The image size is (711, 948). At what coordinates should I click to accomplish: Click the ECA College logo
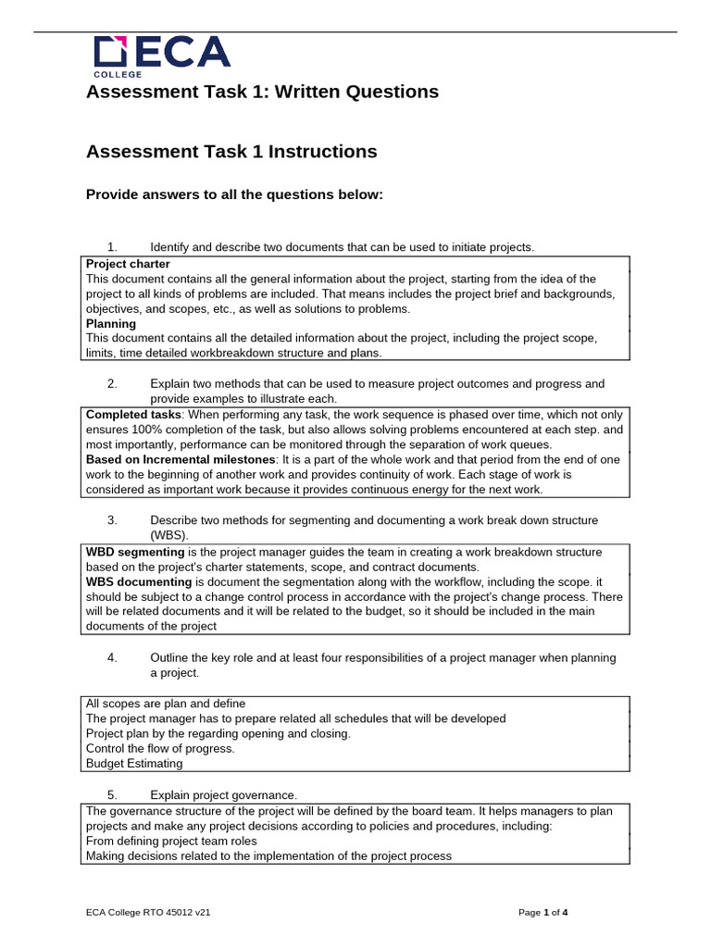(161, 56)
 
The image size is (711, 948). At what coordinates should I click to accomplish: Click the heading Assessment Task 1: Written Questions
(262, 92)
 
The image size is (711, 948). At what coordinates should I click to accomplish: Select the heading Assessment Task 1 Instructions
(231, 152)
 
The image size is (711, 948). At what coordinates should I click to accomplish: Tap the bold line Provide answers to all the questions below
(233, 194)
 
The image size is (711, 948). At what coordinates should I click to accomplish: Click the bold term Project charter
(128, 264)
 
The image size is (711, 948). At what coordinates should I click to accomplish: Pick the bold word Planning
(111, 323)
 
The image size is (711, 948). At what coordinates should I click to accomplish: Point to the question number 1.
(112, 247)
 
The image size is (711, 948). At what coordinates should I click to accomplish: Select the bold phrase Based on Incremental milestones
(180, 459)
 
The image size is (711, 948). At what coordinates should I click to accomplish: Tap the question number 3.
(112, 520)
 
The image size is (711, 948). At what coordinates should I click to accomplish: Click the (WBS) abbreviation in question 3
(168, 535)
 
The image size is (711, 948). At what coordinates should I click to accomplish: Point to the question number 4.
(112, 657)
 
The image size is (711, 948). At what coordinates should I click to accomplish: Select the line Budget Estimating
(134, 764)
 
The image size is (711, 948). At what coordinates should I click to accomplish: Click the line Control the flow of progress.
(160, 748)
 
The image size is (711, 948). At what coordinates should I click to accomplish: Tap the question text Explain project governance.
(223, 795)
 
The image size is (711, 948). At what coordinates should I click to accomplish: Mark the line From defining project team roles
(171, 842)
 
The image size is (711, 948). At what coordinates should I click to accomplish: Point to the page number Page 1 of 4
(543, 913)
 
